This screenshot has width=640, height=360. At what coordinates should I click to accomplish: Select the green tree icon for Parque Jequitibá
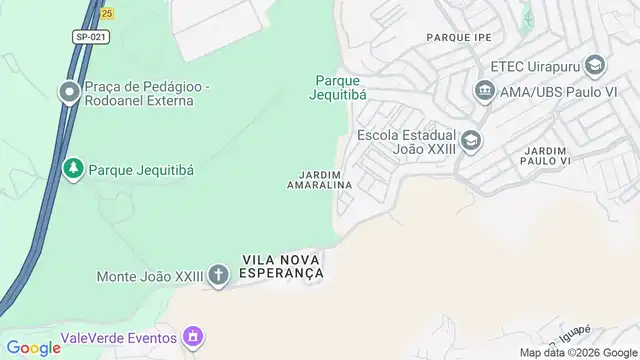pyautogui.click(x=72, y=169)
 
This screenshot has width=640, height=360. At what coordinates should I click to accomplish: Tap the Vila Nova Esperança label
pyautogui.click(x=283, y=266)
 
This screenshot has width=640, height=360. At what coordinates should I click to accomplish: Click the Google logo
pyautogui.click(x=34, y=347)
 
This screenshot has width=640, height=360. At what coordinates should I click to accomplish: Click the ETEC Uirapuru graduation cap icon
pyautogui.click(x=596, y=67)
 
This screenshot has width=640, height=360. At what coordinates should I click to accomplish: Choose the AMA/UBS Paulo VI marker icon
pyautogui.click(x=485, y=91)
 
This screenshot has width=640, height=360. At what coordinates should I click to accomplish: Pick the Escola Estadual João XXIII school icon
pyautogui.click(x=471, y=140)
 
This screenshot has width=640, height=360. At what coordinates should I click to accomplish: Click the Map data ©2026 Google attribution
pyautogui.click(x=577, y=352)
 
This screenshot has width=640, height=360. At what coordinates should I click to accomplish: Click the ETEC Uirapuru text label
pyautogui.click(x=535, y=67)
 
